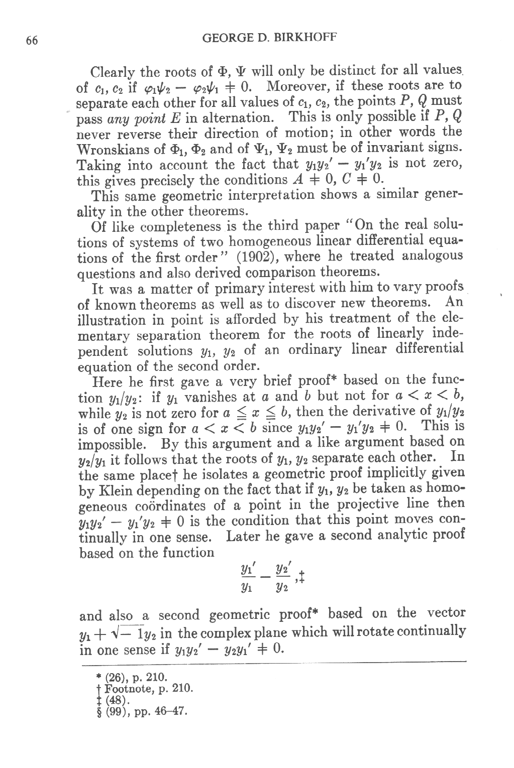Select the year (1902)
(x=245, y=257)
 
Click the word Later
(x=244, y=537)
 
